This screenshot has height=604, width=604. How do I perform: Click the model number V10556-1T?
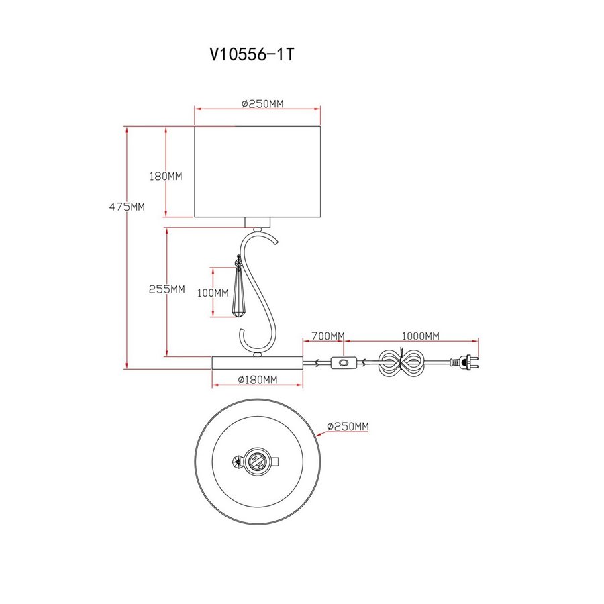(x=252, y=54)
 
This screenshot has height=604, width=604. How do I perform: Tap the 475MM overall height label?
(x=127, y=207)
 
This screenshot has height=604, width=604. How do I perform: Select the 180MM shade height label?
(x=166, y=176)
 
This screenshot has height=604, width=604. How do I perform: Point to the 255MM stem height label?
(x=167, y=289)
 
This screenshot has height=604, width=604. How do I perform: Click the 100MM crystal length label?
(x=213, y=293)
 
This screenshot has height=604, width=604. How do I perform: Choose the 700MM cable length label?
(x=328, y=336)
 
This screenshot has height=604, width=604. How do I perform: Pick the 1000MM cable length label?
(x=420, y=336)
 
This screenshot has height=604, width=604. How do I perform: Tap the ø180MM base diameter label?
(x=257, y=380)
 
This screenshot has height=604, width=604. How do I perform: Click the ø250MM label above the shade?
(x=262, y=103)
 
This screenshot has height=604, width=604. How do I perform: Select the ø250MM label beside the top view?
(x=348, y=426)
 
